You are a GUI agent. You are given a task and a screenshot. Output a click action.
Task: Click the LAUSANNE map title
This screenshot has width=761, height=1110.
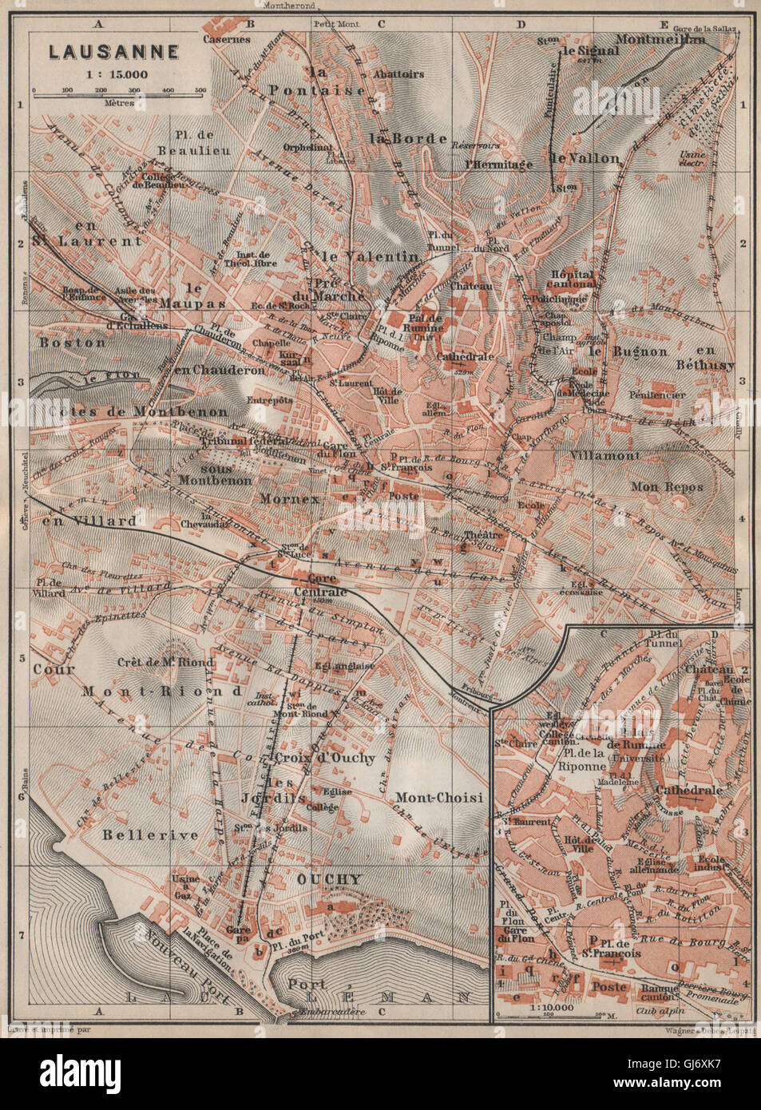113,52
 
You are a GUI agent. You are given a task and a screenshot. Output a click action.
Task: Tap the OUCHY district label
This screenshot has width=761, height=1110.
329,878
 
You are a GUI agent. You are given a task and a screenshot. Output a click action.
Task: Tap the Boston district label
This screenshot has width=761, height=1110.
73,342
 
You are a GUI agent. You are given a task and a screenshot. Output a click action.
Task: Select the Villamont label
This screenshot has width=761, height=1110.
604,455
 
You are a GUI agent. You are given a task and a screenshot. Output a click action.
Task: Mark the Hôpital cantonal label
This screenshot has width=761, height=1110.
573,278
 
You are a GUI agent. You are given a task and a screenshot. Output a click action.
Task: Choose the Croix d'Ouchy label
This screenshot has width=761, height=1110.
323,757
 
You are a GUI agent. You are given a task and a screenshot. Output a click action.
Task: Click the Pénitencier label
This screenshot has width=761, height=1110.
657,394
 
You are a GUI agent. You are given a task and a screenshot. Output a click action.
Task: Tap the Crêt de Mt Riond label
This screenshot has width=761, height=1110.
165,661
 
